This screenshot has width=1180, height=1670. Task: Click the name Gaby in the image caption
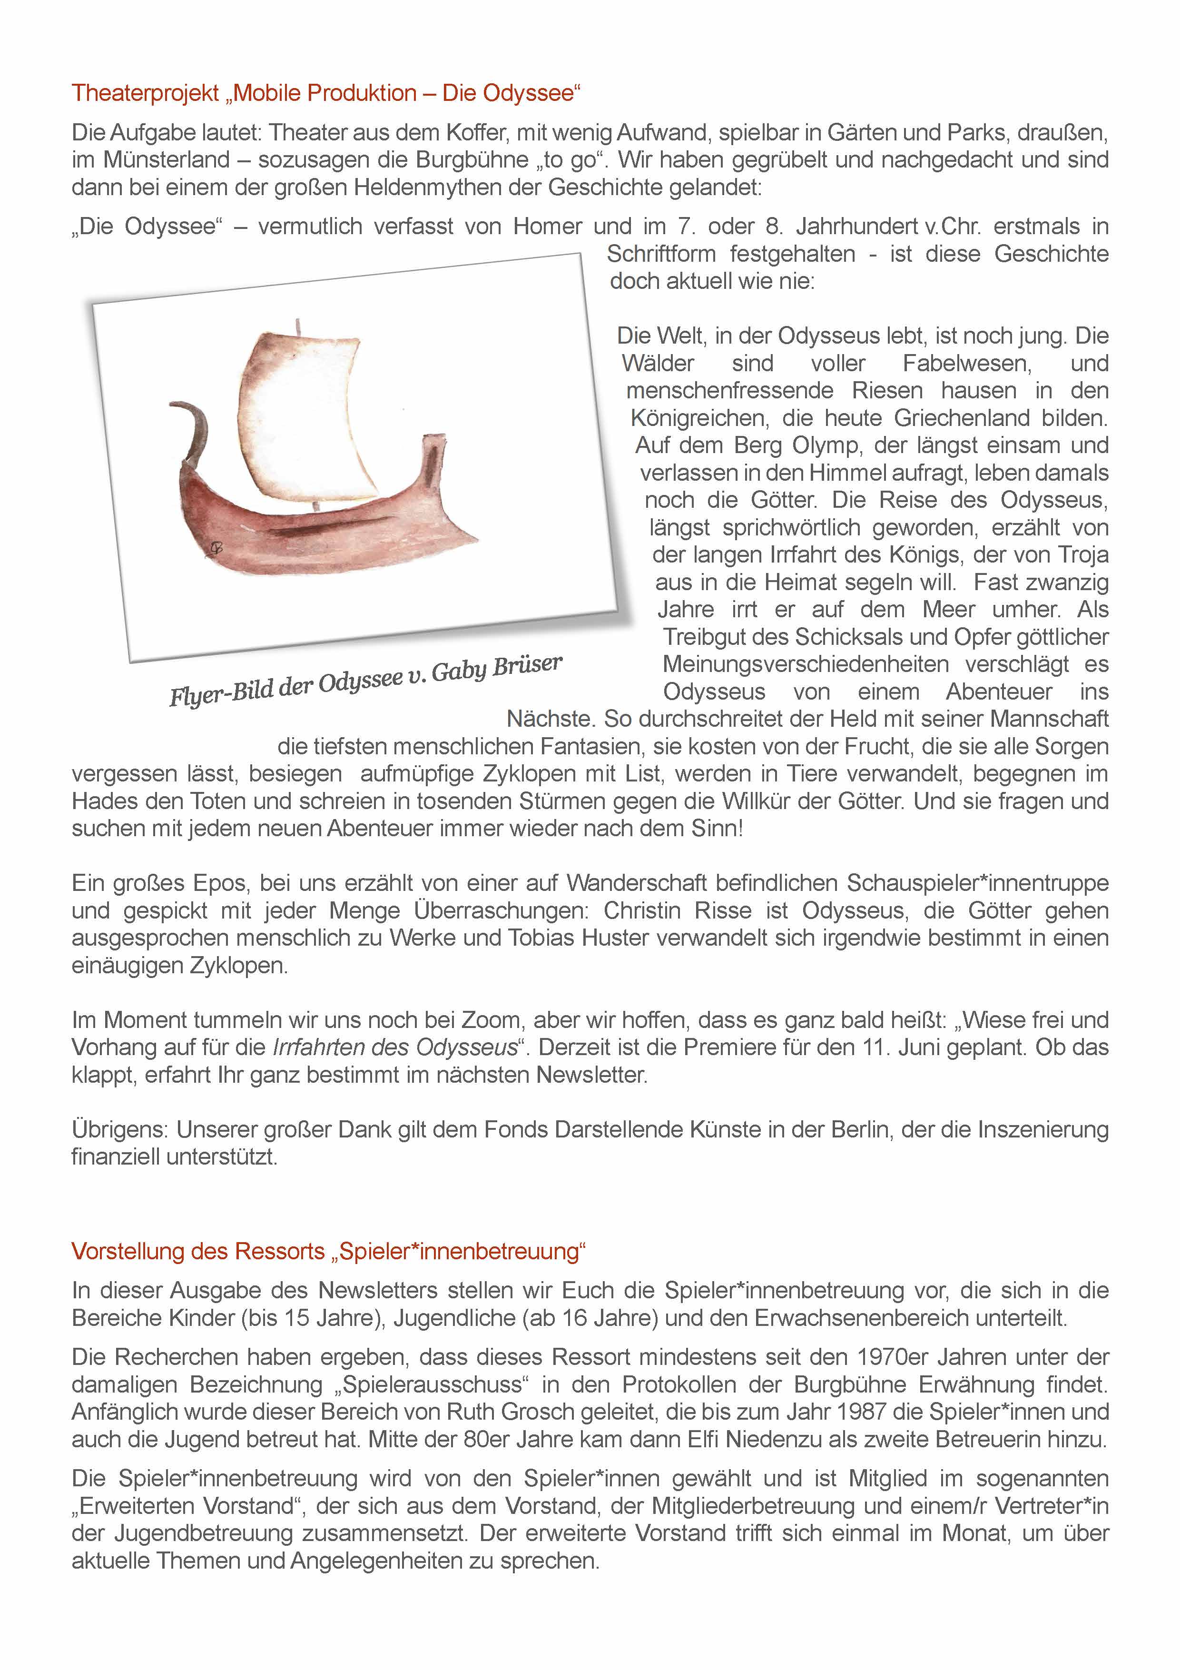[458, 671]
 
